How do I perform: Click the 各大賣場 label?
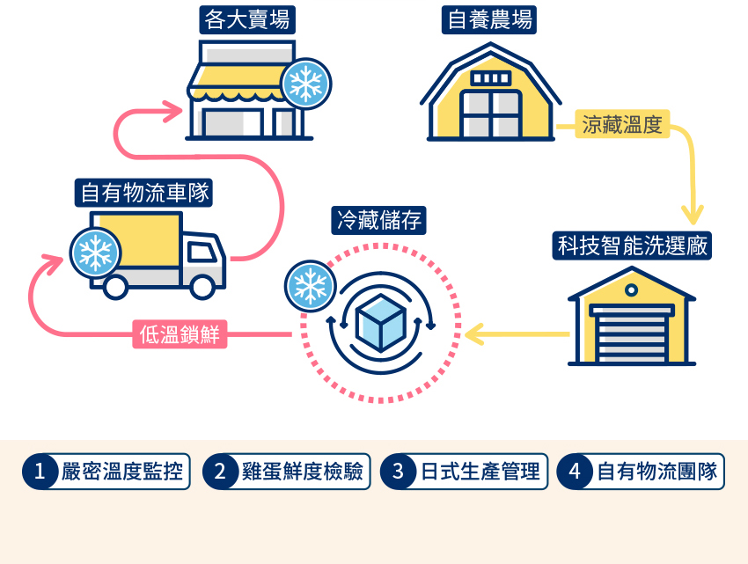[x=246, y=18]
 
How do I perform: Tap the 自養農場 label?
[x=489, y=19]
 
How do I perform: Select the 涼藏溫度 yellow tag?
[x=621, y=125]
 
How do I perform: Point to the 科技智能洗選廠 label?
[x=632, y=245]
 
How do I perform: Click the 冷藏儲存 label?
[x=379, y=219]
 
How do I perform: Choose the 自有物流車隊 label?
[x=144, y=191]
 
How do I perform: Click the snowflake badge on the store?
[x=304, y=84]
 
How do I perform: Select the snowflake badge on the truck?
[x=94, y=253]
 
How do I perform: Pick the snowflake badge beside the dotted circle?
[x=309, y=286]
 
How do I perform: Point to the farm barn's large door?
[x=490, y=114]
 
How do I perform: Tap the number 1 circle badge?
[x=39, y=472]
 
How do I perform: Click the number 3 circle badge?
[x=398, y=472]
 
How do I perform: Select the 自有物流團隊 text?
[x=656, y=472]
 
